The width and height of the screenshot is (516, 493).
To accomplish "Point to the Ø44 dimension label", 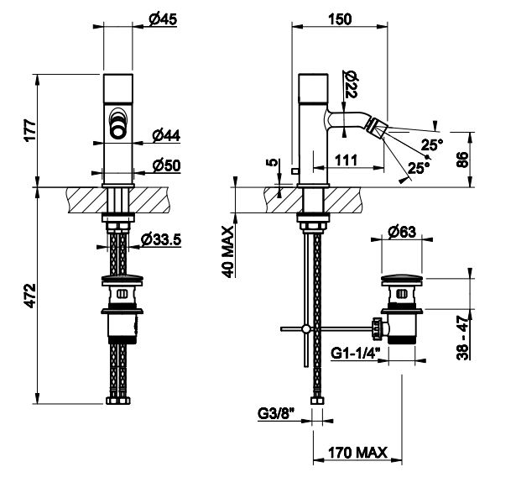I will (167, 134).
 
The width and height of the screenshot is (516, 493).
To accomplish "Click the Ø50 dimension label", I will (167, 165).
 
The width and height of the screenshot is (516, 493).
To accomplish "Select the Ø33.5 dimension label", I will (163, 240).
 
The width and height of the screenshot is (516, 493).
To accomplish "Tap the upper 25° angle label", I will (431, 144).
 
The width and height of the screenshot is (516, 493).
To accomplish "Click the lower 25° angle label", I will (417, 169).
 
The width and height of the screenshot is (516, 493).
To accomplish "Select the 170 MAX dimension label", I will (356, 454).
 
